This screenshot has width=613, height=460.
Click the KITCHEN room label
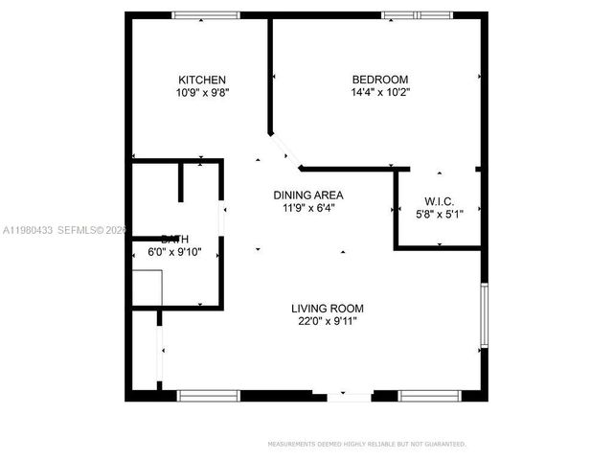coord(202,80)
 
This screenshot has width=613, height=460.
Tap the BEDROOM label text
coord(380,80)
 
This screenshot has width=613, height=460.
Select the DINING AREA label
coord(308,195)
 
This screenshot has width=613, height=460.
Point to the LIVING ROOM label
coord(328,309)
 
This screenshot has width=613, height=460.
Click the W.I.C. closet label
coord(439,202)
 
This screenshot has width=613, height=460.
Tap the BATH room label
coord(173,239)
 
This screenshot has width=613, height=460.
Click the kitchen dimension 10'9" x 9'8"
coord(202,93)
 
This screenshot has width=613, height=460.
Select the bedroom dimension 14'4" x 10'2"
coord(380,93)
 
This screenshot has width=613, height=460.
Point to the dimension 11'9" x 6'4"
coord(308,208)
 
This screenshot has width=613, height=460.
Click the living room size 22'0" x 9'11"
coord(328,322)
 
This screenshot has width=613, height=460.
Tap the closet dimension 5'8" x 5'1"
coord(439,215)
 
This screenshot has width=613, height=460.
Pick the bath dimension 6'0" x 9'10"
coord(173,252)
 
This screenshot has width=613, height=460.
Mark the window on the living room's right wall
coord(484,317)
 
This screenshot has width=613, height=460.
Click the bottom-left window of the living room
coord(209,395)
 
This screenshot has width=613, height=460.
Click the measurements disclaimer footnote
coord(367,444)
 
